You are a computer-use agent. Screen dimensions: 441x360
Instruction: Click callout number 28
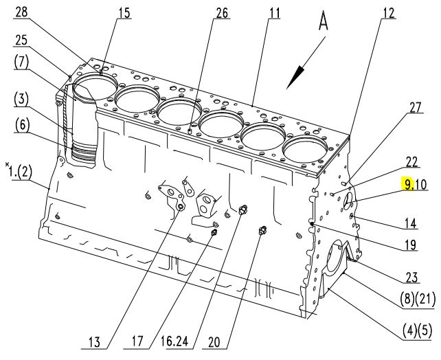pyautogui.click(x=23, y=12)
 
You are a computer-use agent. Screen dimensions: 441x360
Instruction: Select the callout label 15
pyautogui.click(x=124, y=12)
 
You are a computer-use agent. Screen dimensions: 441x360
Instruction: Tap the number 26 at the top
pyautogui.click(x=222, y=12)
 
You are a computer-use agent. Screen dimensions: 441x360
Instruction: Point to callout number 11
pyautogui.click(x=274, y=12)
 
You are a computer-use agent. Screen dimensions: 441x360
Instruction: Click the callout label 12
pyautogui.click(x=389, y=12)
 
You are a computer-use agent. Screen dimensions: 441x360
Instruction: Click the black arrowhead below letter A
pyautogui.click(x=296, y=77)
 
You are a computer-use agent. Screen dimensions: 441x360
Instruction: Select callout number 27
pyautogui.click(x=415, y=107)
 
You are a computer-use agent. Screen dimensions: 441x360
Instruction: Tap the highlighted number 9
pyautogui.click(x=407, y=185)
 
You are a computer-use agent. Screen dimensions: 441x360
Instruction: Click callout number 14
pyautogui.click(x=411, y=223)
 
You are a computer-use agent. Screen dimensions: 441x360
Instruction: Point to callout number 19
pyautogui.click(x=411, y=245)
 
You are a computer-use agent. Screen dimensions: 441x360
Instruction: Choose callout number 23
pyautogui.click(x=412, y=278)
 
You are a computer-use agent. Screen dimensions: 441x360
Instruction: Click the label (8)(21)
pyautogui.click(x=418, y=300)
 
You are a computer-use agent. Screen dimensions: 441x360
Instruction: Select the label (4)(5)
pyautogui.click(x=417, y=330)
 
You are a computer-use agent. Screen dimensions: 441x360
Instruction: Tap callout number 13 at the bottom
pyautogui.click(x=94, y=342)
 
